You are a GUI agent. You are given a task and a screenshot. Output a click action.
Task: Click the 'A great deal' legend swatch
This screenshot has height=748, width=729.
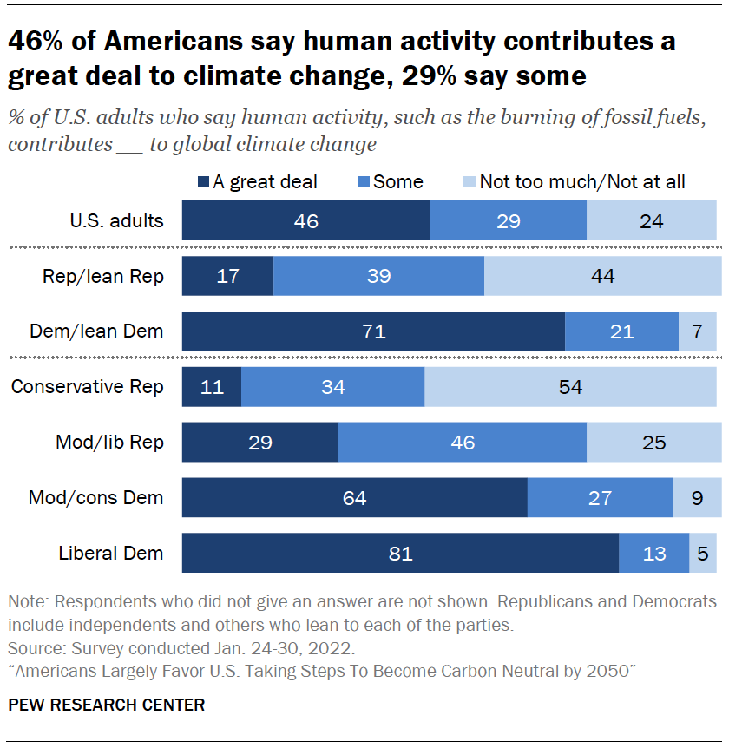(x=204, y=182)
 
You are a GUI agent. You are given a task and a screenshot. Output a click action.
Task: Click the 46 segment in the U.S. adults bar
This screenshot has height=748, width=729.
(x=305, y=221)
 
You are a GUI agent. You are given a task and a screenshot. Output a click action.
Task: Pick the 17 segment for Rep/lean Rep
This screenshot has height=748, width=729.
(x=227, y=277)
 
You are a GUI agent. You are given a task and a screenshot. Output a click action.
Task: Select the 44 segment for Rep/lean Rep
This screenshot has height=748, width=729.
(x=601, y=277)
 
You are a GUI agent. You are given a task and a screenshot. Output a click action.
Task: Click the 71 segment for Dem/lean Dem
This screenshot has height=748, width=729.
(x=373, y=331)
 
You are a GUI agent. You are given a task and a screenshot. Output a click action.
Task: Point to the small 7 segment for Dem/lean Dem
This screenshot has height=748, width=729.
(x=698, y=331)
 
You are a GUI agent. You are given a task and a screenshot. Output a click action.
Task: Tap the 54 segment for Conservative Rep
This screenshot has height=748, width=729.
(x=570, y=387)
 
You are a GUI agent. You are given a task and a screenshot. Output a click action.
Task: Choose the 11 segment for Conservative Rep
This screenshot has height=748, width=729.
(x=211, y=387)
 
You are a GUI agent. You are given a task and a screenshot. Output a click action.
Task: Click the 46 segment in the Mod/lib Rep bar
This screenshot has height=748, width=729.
(x=463, y=443)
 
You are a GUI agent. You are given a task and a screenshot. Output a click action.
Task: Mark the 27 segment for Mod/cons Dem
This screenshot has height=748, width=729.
(x=600, y=498)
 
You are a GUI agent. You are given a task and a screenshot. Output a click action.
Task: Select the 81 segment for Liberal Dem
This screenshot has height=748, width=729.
(x=400, y=554)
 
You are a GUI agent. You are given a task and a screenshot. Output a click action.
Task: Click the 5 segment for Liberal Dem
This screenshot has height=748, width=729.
(x=703, y=554)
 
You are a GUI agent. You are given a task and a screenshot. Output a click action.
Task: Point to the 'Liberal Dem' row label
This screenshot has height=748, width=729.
(x=110, y=554)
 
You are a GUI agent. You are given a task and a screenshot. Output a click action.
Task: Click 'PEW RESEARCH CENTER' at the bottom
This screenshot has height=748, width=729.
(x=107, y=705)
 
